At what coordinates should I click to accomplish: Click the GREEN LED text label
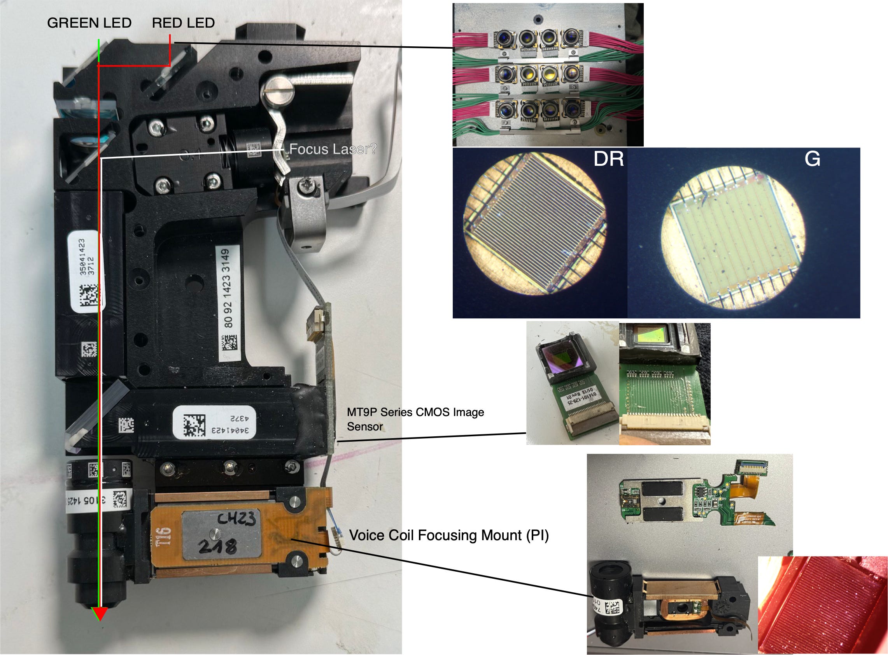(89, 23)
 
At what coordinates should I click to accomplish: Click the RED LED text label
(183, 23)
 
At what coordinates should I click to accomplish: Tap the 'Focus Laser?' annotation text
(332, 149)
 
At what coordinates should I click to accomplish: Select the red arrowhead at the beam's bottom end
(100, 613)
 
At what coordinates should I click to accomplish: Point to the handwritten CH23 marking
(236, 519)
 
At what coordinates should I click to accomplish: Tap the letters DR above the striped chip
(608, 159)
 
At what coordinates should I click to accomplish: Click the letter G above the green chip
(812, 159)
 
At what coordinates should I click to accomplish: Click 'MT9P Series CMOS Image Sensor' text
(415, 419)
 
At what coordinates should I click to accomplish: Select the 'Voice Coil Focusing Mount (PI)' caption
(448, 535)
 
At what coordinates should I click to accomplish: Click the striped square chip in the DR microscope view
(535, 225)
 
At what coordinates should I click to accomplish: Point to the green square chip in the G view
(733, 234)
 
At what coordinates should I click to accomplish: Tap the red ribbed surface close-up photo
(822, 605)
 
